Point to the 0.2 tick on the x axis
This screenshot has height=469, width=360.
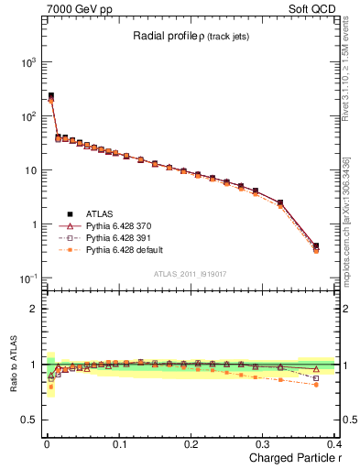pos(191,443)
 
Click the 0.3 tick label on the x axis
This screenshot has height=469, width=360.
pos(263,443)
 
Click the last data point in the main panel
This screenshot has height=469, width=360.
pos(316,246)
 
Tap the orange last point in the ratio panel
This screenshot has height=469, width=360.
pos(316,385)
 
